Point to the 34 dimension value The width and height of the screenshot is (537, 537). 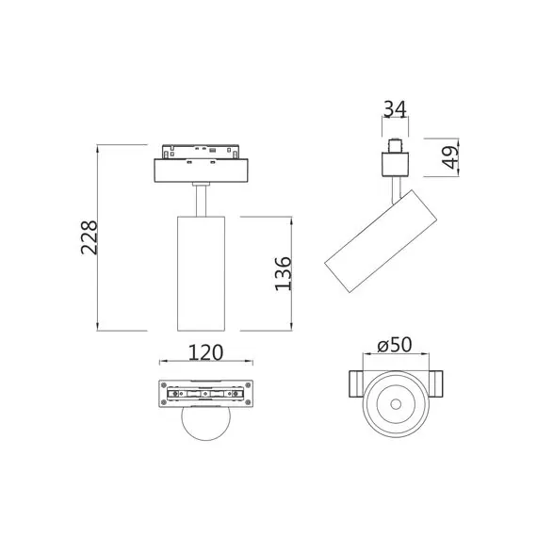click(397, 111)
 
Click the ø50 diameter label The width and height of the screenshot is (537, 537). click(397, 345)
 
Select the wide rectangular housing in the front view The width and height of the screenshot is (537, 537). click(204, 171)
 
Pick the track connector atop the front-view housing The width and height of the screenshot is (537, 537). click(204, 151)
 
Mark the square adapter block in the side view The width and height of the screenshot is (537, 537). click(396, 164)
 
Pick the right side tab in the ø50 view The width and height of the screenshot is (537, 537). click(437, 384)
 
